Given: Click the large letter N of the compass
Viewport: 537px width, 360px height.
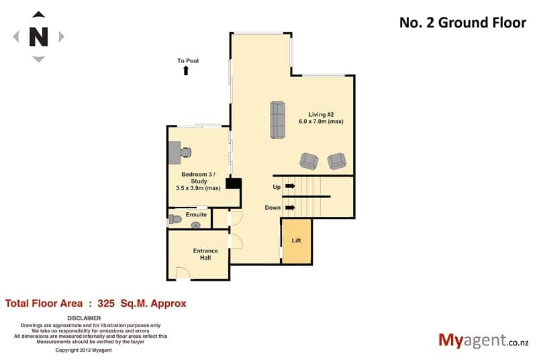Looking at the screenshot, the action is (x=38, y=36).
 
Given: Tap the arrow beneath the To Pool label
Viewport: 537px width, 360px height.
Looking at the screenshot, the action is (x=186, y=71).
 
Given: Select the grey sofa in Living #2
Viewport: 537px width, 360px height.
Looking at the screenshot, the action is (x=278, y=120).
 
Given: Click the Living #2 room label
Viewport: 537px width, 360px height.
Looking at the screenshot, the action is (x=321, y=114).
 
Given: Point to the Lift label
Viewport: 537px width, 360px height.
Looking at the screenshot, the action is (x=296, y=240).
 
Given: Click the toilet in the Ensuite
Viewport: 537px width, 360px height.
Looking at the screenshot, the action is (x=175, y=219).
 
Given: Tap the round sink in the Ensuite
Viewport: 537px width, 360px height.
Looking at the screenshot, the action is (x=195, y=225).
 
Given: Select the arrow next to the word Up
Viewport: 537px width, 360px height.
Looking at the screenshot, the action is (x=290, y=186).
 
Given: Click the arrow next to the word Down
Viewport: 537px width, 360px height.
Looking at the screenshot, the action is (x=290, y=208).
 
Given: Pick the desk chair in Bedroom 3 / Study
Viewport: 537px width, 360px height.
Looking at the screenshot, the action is (x=186, y=152).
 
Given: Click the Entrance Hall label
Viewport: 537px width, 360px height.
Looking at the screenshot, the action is (x=205, y=254).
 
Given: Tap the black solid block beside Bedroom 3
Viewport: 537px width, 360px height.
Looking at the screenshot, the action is (x=234, y=183).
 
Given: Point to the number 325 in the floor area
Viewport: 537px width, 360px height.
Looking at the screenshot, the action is (x=106, y=304).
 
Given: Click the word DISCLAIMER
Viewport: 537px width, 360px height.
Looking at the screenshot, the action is (x=84, y=318).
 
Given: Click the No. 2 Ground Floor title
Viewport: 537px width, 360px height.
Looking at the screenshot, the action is (x=462, y=23).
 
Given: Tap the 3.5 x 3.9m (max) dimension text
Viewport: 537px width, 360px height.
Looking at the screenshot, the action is (x=198, y=188).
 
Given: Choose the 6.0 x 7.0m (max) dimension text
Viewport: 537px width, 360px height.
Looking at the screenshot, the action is (x=321, y=122).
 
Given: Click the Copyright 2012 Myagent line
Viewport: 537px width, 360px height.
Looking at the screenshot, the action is (x=83, y=351).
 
